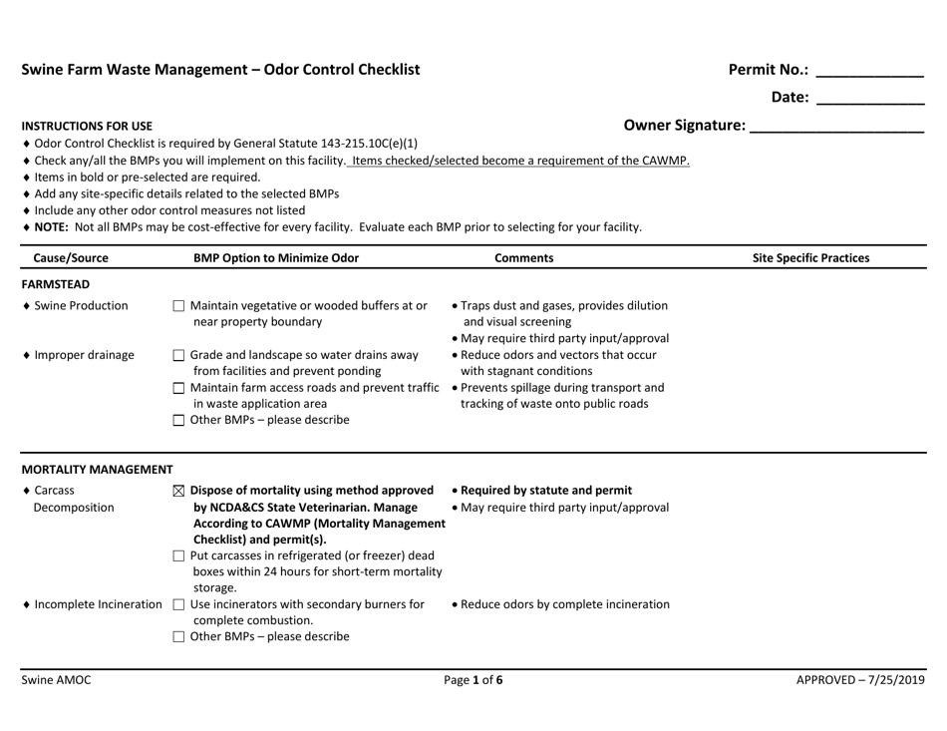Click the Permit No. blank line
(x=869, y=72)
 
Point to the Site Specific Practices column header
(x=810, y=258)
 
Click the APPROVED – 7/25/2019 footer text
(x=860, y=681)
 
